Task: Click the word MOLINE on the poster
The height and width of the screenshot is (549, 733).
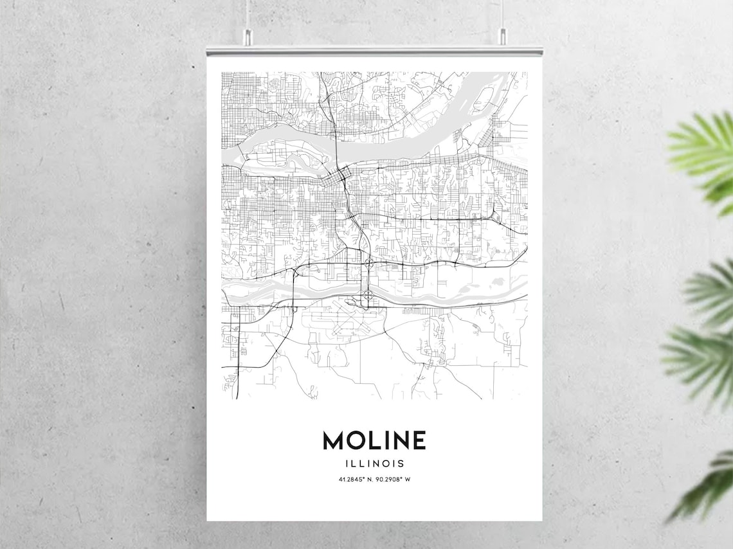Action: [374, 440]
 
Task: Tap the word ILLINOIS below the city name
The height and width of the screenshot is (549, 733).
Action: [374, 463]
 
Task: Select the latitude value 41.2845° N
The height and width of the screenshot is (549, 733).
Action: [354, 479]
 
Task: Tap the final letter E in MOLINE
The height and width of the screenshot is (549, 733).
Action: [417, 440]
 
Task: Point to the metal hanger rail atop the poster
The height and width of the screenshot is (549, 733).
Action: [374, 50]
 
